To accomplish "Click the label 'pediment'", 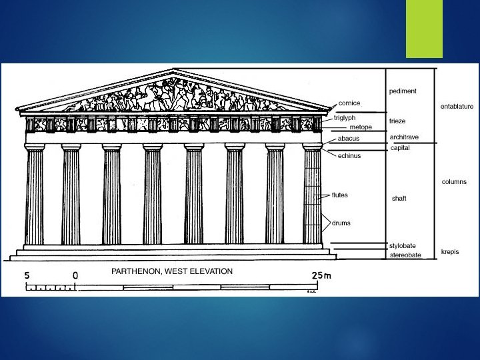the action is [403, 91].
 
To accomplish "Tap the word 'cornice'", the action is [349, 103].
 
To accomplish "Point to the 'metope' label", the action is [361, 127].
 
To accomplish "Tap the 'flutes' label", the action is [340, 195].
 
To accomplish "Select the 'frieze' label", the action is [398, 121].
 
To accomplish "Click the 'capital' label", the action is [400, 148].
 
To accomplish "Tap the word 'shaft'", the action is [399, 199].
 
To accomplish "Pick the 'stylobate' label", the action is [403, 246].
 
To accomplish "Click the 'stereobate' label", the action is [405, 255].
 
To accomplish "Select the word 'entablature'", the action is [457, 106].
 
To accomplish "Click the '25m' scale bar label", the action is [321, 275].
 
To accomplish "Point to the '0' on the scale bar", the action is [75, 275].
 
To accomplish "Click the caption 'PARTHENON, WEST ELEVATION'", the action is [171, 271].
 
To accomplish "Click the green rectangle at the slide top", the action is [425, 29].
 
